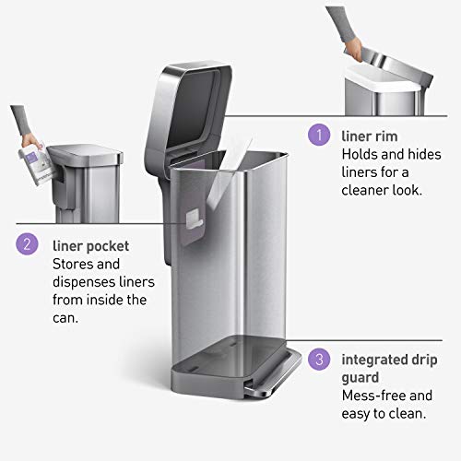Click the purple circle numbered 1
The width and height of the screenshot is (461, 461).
pos(318,135)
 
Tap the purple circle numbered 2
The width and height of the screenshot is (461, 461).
pos(28,244)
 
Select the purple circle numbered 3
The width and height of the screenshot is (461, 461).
pos(318,359)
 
